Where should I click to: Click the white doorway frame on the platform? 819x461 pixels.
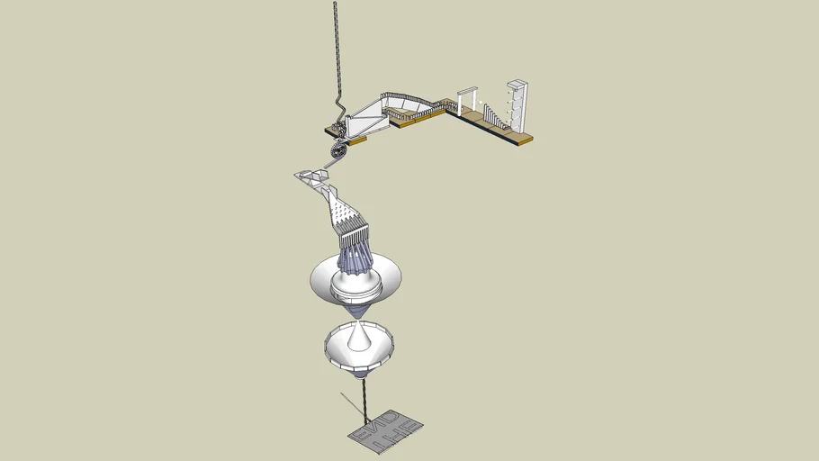[466, 99]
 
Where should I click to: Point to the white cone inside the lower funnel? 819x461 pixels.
[359, 338]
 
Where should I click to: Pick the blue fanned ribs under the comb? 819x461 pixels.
[355, 259]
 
